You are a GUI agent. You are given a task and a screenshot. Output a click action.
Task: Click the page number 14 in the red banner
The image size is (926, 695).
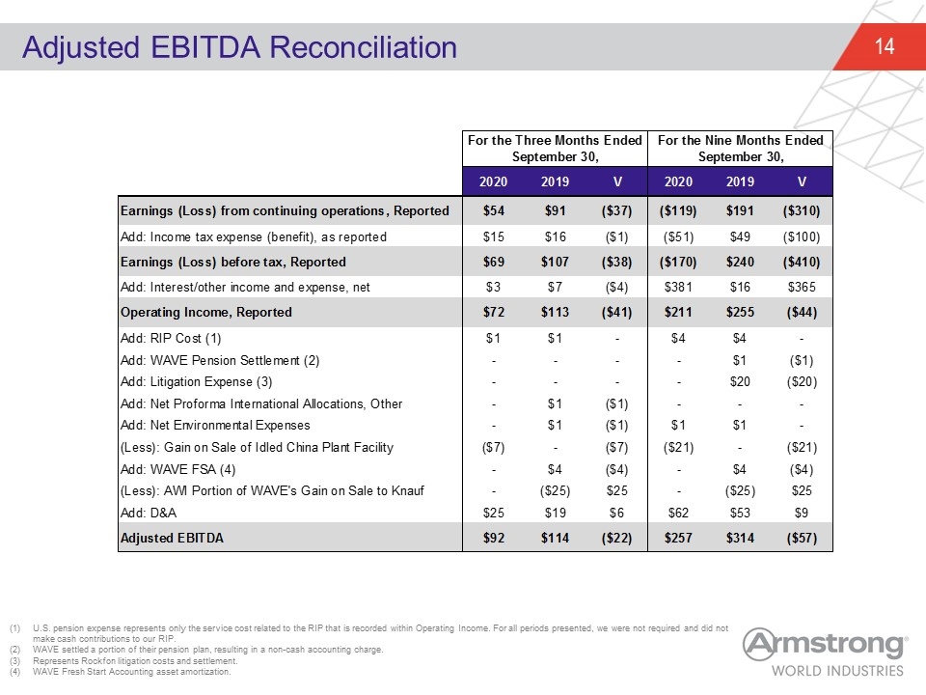(x=885, y=46)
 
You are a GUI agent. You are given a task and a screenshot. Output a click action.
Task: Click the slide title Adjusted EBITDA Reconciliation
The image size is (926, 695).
(x=240, y=47)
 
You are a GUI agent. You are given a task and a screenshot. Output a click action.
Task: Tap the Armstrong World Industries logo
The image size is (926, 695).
(x=825, y=652)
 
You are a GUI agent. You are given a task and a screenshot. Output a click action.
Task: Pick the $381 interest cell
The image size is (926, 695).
(x=678, y=288)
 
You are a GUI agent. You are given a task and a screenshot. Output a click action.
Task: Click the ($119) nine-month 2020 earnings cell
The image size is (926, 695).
(x=678, y=211)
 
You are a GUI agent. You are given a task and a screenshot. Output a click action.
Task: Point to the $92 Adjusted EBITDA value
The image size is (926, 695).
(x=493, y=539)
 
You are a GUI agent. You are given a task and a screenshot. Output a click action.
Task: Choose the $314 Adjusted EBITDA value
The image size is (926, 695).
(x=740, y=539)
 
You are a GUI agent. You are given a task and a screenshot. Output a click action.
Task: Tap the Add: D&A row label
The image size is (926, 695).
(x=149, y=513)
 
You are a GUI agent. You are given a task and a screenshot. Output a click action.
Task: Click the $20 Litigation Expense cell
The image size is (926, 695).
(x=740, y=382)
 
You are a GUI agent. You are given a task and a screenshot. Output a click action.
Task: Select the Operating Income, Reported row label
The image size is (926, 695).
(x=206, y=313)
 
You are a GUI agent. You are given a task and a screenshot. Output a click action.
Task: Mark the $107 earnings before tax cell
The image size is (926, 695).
(x=555, y=262)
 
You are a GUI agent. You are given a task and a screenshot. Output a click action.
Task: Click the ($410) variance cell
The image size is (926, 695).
(x=802, y=262)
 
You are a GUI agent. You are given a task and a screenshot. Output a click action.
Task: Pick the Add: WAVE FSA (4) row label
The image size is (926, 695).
(x=177, y=469)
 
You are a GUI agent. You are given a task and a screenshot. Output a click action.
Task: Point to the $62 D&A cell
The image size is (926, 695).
(x=678, y=513)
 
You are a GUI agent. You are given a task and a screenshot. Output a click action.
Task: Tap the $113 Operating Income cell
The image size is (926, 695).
(x=555, y=313)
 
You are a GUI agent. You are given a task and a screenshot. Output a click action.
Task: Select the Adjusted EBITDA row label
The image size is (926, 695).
(x=172, y=539)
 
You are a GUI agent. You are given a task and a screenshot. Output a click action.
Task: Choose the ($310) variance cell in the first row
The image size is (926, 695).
(x=802, y=211)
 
